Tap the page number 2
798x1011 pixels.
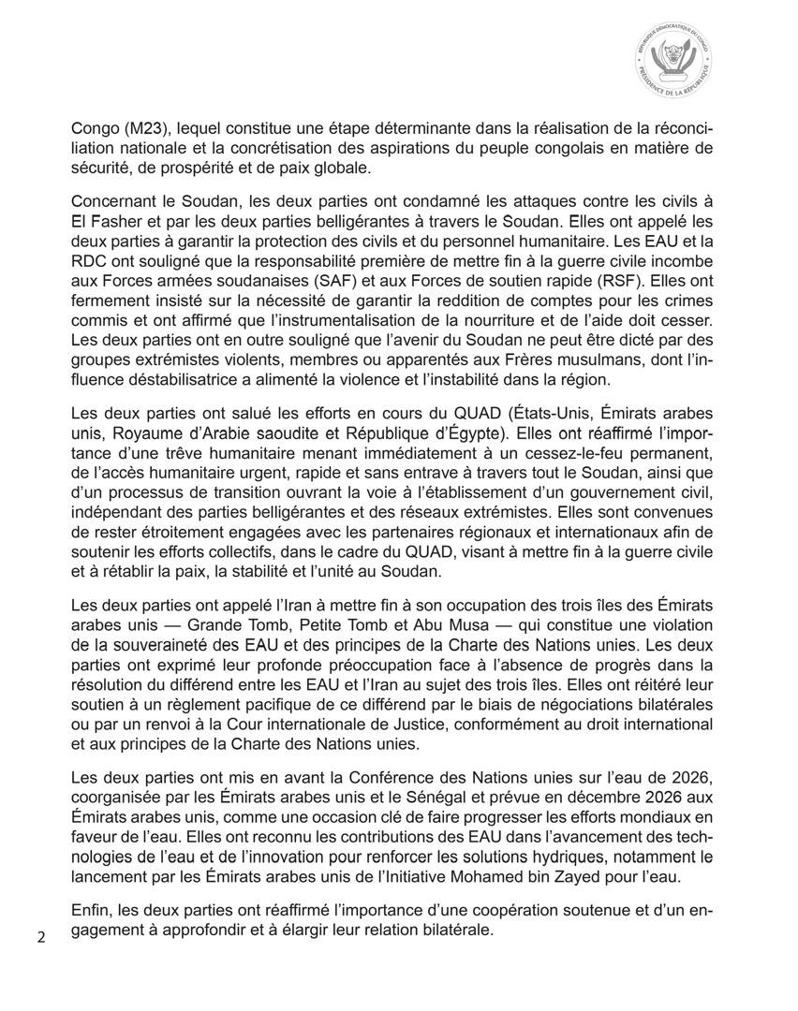41,937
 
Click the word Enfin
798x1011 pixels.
92,911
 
